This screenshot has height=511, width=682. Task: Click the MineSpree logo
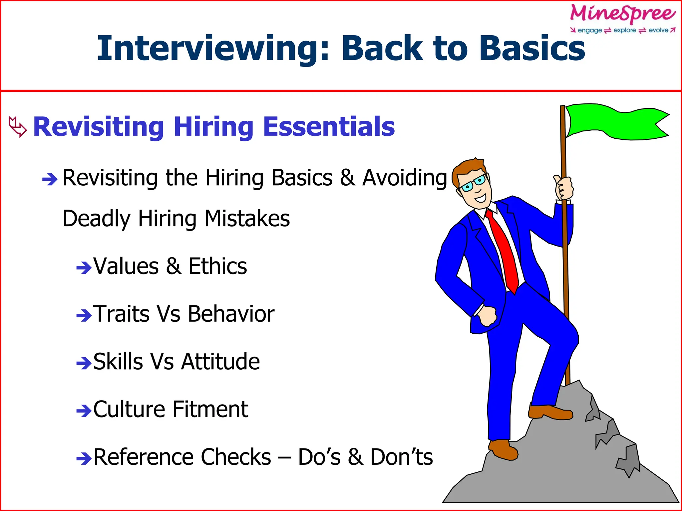[x=623, y=14]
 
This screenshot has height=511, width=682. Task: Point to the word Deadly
[x=97, y=219]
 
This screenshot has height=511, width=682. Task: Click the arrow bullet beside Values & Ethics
[x=84, y=267]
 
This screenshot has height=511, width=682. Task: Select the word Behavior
[x=231, y=314]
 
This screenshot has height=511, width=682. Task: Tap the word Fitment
[x=210, y=409]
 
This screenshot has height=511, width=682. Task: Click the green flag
[x=616, y=122]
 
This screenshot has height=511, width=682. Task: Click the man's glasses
[x=473, y=183]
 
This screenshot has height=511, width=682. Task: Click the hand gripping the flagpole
[x=563, y=188]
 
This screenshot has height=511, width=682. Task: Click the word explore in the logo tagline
[x=625, y=30]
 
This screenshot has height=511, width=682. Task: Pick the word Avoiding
[x=405, y=178]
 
